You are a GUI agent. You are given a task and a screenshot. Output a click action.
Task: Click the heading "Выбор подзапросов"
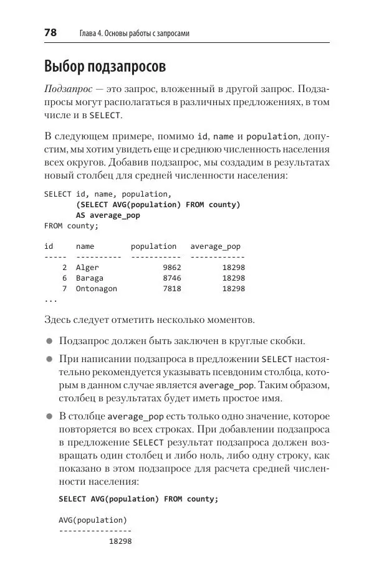point(105,66)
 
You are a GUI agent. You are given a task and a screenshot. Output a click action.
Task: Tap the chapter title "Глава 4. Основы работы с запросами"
point(135,34)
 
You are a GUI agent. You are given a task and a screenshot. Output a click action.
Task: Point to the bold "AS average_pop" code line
point(108,215)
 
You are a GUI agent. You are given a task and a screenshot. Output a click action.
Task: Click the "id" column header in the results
point(49,246)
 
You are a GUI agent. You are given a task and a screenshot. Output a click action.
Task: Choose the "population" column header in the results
point(153,246)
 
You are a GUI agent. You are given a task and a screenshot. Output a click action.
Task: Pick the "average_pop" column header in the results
point(215,246)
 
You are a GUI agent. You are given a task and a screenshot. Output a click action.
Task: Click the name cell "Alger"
point(87,268)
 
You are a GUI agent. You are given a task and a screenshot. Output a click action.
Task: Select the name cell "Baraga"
point(90,278)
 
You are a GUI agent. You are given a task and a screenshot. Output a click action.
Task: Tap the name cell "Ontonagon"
point(96,289)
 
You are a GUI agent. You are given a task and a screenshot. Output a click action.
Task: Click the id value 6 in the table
point(64,278)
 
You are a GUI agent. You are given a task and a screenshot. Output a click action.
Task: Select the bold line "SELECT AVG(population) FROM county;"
point(138,499)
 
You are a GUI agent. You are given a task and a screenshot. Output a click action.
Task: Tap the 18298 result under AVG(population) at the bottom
point(120,541)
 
